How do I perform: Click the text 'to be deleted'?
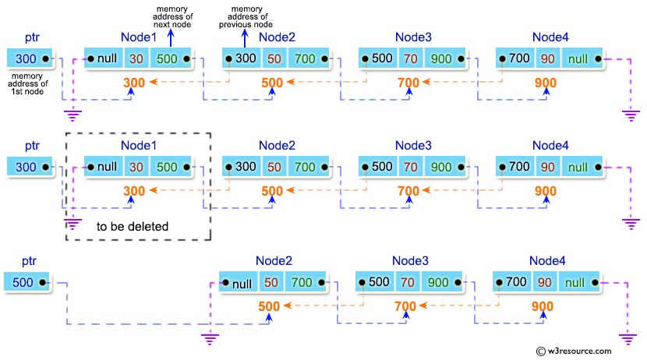pyautogui.click(x=133, y=227)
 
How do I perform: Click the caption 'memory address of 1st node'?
pyautogui.click(x=29, y=83)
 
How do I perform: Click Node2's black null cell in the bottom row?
pyautogui.click(x=239, y=282)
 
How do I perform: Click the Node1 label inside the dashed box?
pyautogui.click(x=139, y=145)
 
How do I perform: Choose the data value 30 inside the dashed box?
pyautogui.click(x=136, y=167)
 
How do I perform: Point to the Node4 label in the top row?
pyautogui.click(x=551, y=37)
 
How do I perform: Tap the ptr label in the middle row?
pyautogui.click(x=32, y=145)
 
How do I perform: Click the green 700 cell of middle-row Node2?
pyautogui.click(x=305, y=167)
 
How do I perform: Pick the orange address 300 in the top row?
pyautogui.click(x=134, y=83)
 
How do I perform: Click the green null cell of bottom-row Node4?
pyautogui.click(x=578, y=282)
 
